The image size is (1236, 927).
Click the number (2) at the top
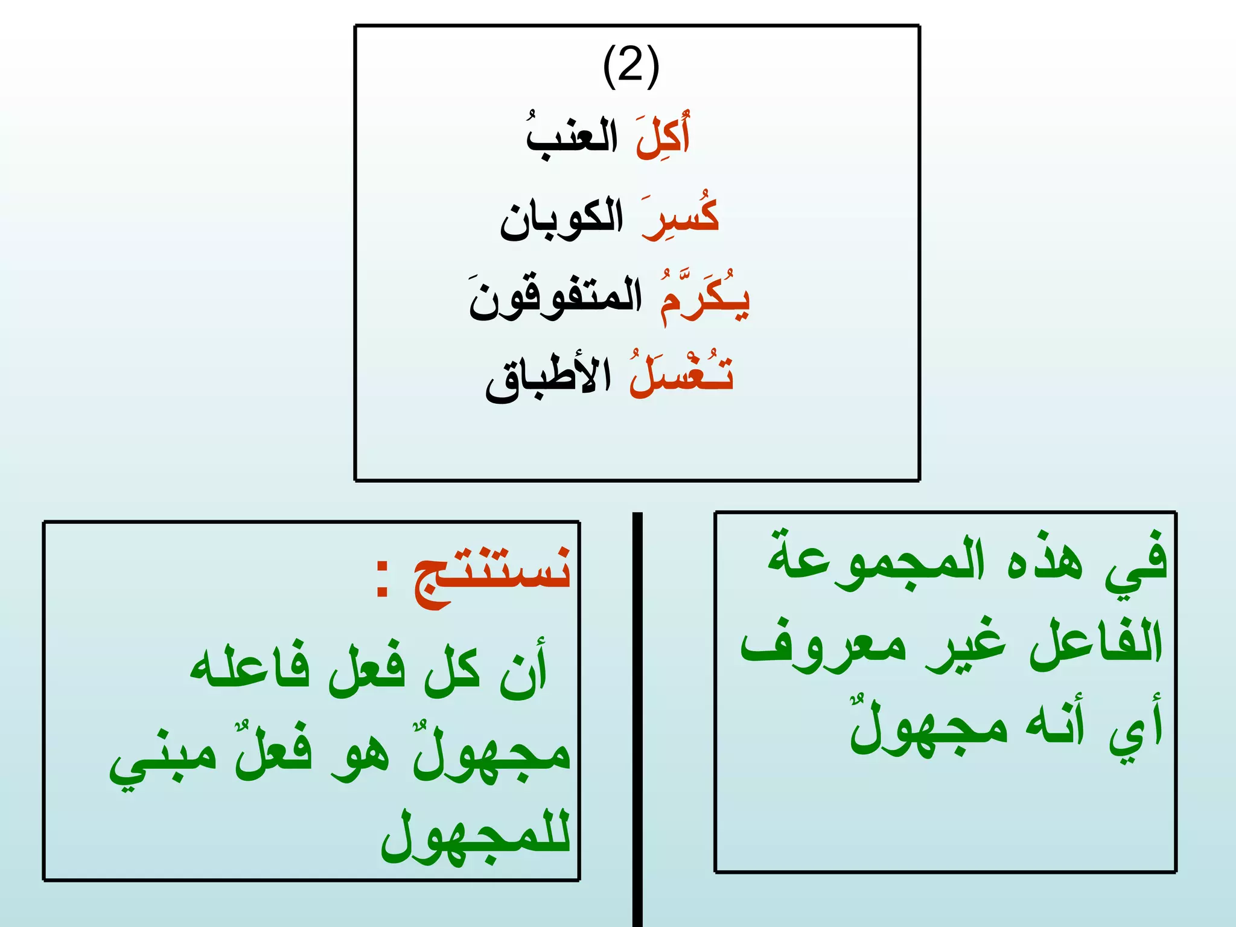(631, 66)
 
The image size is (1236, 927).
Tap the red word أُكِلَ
(662, 137)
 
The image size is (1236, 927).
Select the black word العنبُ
(572, 138)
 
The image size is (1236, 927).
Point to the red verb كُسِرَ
(681, 218)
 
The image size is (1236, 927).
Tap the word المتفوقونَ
(556, 298)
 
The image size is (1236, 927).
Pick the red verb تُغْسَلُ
(681, 375)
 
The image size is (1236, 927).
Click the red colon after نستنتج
(381, 578)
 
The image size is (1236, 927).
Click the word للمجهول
(476, 836)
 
